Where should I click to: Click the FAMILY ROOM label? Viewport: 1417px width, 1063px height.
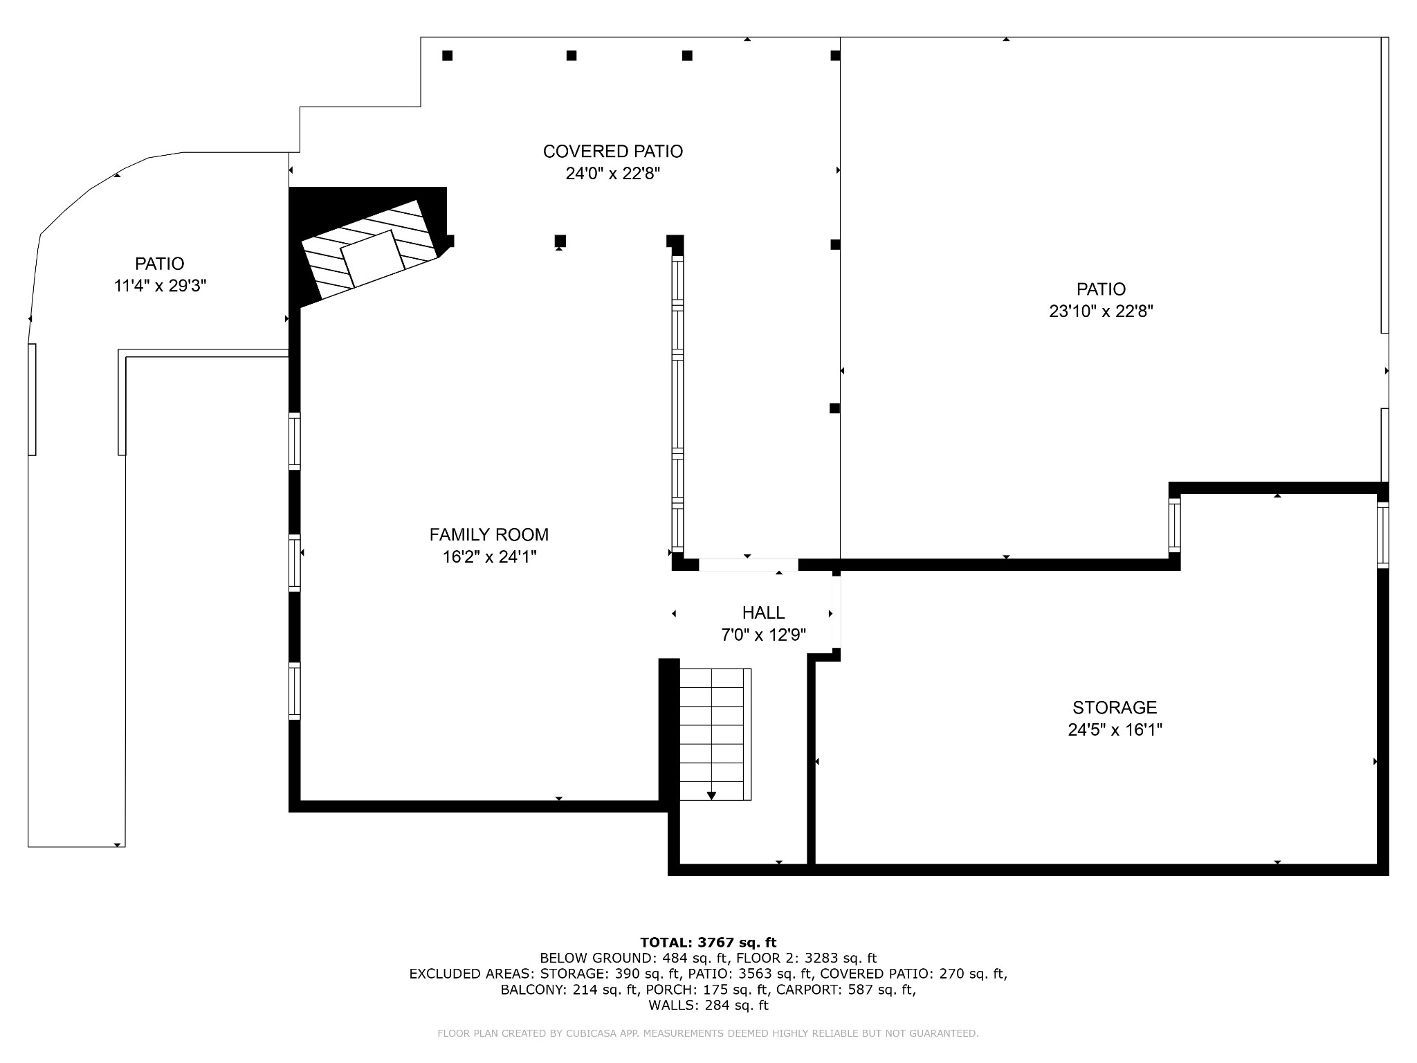(x=488, y=535)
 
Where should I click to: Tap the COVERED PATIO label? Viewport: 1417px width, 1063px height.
(x=612, y=152)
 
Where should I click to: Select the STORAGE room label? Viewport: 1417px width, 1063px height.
(x=1115, y=708)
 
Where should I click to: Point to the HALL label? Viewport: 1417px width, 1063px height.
(x=763, y=613)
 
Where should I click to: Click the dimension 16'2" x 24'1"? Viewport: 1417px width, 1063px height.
(x=489, y=557)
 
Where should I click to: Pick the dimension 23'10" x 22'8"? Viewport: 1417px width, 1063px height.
(x=1101, y=311)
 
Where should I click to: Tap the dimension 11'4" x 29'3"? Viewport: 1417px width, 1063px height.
(x=160, y=286)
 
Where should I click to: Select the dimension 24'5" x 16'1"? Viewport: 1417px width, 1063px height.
(x=1115, y=730)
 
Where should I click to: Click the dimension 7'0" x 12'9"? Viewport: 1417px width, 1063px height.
(x=763, y=635)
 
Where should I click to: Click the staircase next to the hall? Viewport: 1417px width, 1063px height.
(x=715, y=734)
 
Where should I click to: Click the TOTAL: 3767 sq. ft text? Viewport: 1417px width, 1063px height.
(x=708, y=943)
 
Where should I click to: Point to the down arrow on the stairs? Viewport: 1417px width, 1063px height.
(x=711, y=796)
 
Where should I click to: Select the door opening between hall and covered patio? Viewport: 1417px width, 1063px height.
(x=749, y=565)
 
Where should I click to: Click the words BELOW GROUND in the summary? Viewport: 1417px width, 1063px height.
(x=596, y=958)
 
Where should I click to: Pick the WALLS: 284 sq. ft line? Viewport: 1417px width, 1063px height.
(x=708, y=1006)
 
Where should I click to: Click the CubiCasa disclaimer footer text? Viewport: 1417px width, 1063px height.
(x=708, y=1034)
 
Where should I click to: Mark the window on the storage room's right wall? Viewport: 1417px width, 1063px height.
(x=1382, y=535)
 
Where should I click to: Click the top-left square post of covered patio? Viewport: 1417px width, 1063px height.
(x=448, y=55)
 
